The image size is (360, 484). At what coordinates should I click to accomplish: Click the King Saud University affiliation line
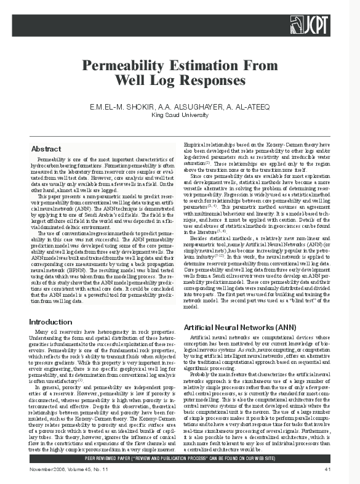179,115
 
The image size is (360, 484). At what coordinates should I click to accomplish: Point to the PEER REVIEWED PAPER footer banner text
180,459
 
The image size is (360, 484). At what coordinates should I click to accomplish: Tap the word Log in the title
162,80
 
